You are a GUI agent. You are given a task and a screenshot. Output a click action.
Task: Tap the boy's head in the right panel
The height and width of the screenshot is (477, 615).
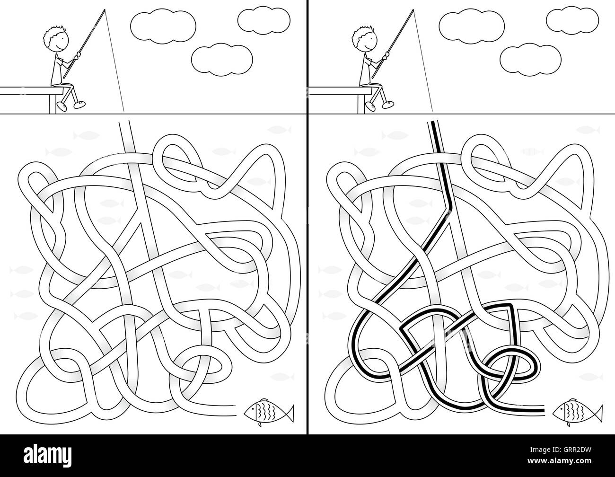365,39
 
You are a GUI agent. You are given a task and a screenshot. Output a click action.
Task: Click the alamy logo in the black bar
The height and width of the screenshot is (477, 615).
47,456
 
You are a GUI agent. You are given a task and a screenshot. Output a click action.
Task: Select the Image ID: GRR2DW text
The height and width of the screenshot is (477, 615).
561,450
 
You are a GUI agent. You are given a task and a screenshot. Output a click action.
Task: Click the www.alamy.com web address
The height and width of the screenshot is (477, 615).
559,460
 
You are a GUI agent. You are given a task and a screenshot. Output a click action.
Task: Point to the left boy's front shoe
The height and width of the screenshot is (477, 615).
79,105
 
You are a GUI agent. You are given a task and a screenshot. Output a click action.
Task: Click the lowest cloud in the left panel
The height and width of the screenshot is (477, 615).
222,60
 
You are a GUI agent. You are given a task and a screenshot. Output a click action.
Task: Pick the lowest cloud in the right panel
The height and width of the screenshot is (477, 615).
530,60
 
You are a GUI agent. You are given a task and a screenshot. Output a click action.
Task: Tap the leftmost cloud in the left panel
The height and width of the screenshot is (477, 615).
163,26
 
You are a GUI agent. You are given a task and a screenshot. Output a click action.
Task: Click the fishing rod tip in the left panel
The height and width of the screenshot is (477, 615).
105,10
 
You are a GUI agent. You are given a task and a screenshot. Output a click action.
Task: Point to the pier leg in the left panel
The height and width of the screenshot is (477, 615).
53,104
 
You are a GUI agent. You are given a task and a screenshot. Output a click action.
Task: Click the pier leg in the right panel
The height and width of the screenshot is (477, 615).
361,104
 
